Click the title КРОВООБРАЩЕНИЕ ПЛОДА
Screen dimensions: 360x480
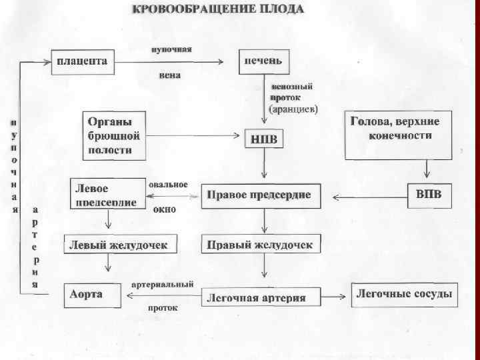pos(218,9)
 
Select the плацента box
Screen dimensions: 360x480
pos(83,61)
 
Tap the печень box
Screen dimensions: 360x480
pos(265,62)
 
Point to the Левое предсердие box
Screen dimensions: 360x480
pos(107,193)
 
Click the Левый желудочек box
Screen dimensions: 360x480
pos(121,245)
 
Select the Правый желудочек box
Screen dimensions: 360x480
pos(259,245)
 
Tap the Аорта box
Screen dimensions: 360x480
pos(93,295)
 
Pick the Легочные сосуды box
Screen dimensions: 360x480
pos(404,294)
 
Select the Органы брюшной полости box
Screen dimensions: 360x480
pos(113,135)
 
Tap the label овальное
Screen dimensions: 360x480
pos(167,184)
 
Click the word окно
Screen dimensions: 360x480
pos(164,209)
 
